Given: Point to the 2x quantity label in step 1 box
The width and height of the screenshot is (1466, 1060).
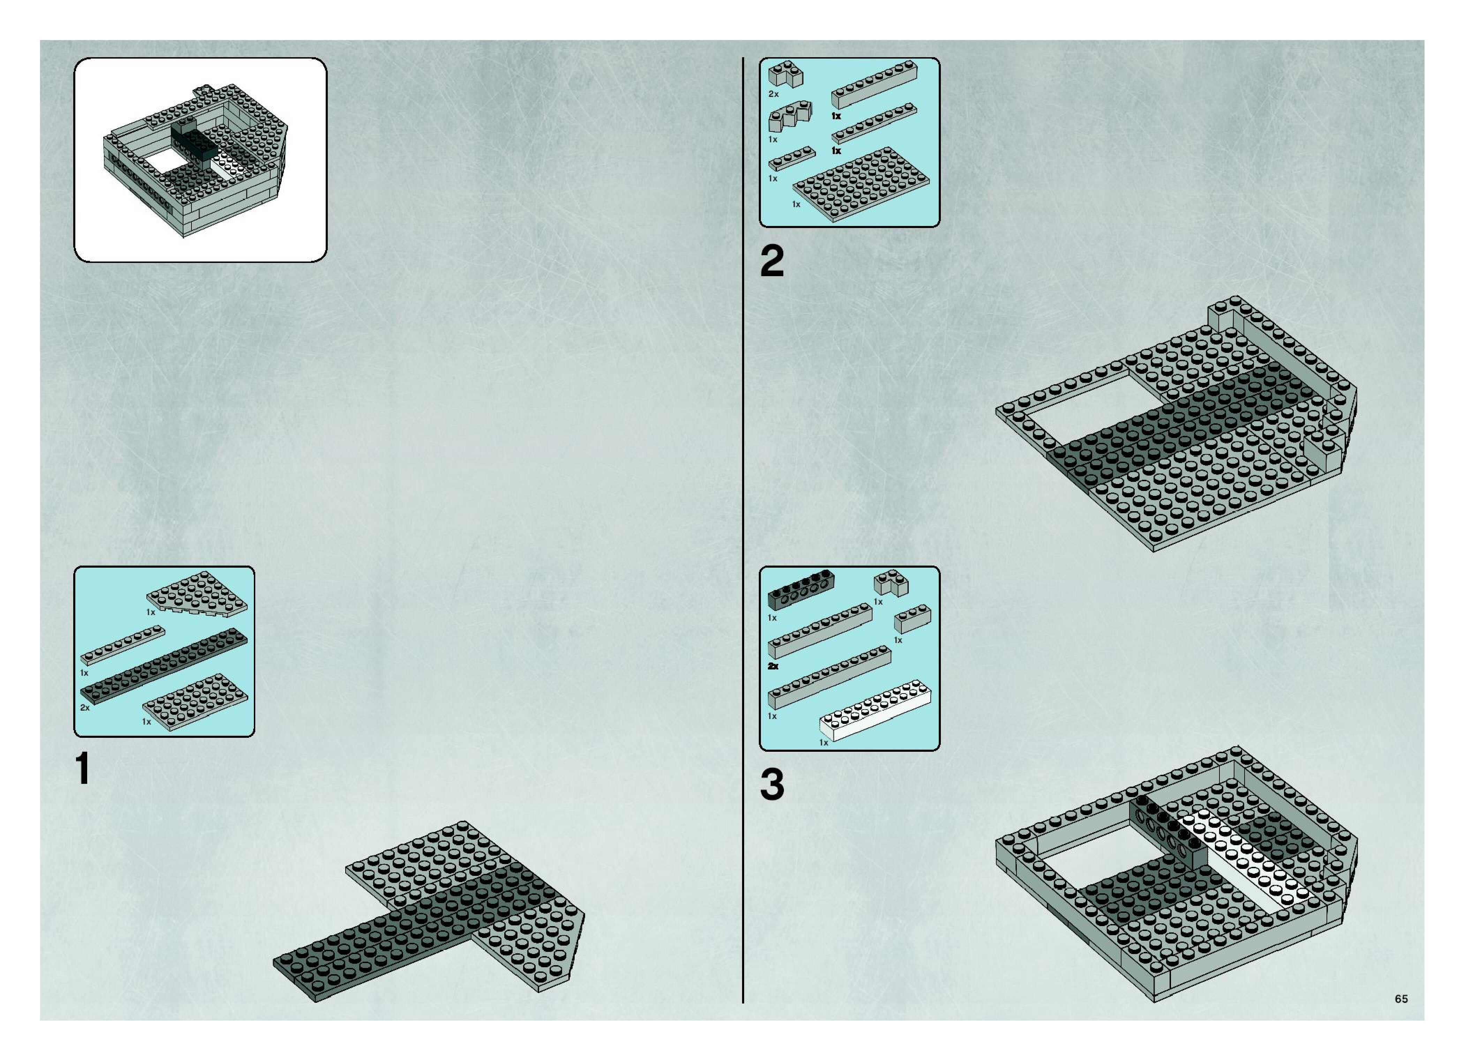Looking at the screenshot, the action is [85, 708].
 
